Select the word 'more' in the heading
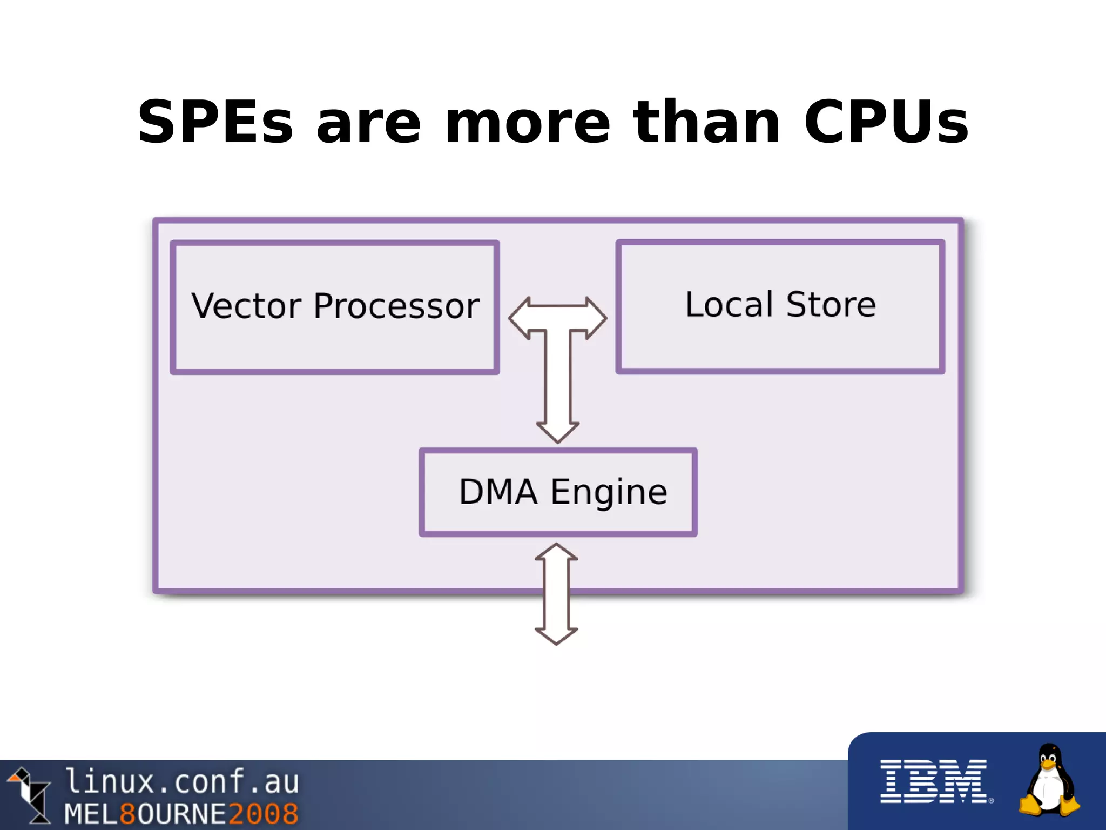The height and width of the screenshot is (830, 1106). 527,123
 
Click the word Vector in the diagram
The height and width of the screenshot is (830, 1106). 246,306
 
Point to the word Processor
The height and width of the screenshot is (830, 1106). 396,307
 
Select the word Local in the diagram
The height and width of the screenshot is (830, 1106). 729,304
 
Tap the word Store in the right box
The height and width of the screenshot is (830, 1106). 831,304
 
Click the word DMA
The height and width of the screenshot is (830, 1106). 498,492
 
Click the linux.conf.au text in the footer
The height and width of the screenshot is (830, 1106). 181,782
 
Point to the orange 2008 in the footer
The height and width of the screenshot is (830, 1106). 264,814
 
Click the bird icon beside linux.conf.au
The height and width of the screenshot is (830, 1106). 30,794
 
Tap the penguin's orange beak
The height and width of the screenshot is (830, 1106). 1049,764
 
